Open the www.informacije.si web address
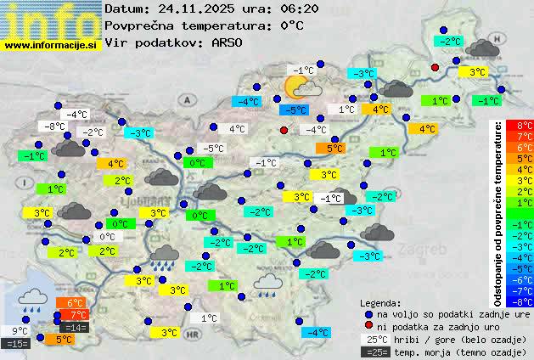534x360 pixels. point(51,45)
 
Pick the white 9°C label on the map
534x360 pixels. point(20,331)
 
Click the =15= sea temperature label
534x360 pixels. point(17,344)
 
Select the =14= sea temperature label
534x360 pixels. point(75,328)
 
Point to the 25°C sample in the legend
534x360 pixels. point(376,339)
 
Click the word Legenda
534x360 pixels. point(380,302)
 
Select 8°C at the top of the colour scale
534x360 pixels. point(524,126)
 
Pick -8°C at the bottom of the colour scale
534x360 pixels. point(523,301)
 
